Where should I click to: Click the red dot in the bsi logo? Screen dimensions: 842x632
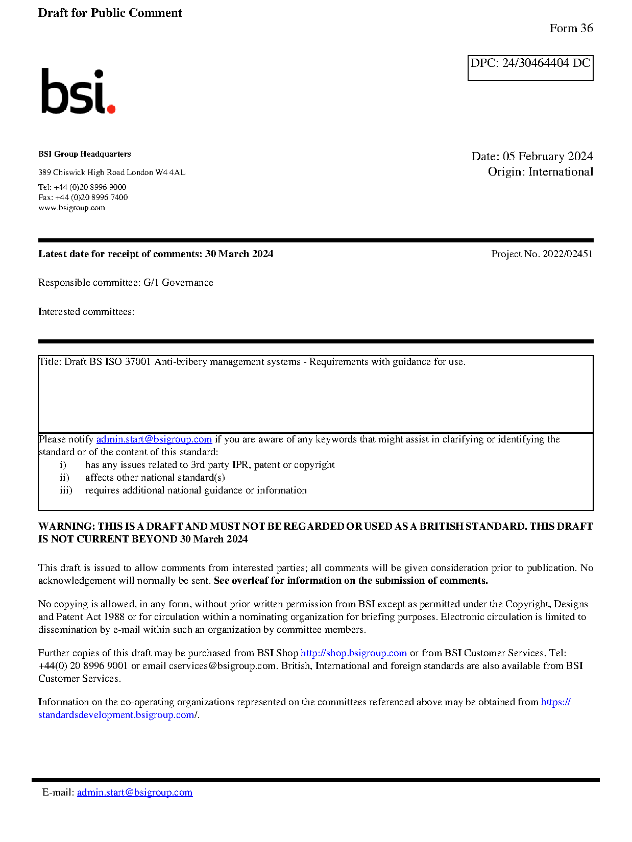[111, 108]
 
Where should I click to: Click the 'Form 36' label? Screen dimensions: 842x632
[571, 29]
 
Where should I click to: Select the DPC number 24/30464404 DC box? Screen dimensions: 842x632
[530, 67]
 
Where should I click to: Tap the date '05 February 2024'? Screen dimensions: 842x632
[548, 156]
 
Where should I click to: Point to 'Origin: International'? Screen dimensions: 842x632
[540, 172]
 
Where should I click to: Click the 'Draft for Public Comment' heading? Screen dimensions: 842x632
[110, 13]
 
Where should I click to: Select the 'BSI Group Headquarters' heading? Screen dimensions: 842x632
[84, 154]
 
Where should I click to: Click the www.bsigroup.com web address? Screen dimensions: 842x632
[71, 208]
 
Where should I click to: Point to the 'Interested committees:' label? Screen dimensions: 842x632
[86, 312]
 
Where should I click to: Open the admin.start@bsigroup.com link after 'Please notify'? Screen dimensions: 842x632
[154, 439]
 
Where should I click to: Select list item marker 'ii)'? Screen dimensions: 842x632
[64, 478]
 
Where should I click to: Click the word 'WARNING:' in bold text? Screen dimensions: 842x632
[67, 527]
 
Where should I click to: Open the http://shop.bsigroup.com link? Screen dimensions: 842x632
[353, 653]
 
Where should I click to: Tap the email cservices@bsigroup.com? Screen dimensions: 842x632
[223, 666]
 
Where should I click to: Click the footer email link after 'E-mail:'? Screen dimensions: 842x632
[135, 793]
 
